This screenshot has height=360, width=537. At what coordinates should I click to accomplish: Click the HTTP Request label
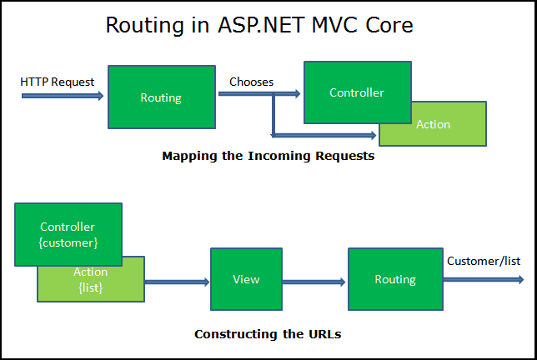[58, 82]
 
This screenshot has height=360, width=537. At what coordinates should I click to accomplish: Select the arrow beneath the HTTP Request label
[63, 96]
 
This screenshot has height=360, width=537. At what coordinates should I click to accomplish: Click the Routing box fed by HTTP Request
[161, 97]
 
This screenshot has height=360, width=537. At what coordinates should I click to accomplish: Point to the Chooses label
[252, 82]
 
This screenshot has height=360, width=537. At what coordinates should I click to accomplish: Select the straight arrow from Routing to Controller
[258, 94]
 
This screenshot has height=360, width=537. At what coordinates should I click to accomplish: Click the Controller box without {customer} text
[357, 92]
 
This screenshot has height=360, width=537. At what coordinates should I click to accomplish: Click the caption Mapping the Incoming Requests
[268, 156]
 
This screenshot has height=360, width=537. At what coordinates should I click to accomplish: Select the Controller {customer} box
[68, 234]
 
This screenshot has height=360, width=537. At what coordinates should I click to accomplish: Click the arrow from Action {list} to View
[177, 282]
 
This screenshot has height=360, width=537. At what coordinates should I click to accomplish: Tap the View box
[246, 279]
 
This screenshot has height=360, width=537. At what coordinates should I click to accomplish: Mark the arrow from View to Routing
[314, 282]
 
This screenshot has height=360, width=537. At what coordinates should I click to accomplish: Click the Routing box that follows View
[395, 279]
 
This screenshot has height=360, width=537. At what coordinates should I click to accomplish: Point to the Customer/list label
[484, 261]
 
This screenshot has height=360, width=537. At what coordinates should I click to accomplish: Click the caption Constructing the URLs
[268, 334]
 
